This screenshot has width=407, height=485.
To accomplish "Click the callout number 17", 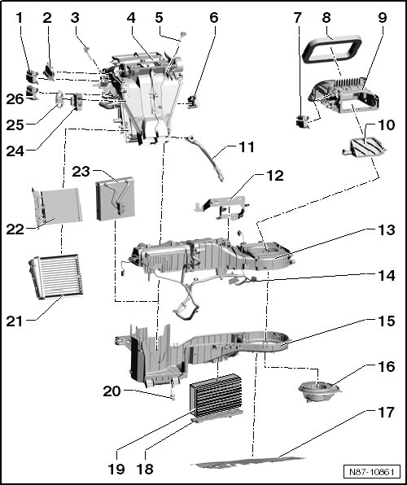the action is (386, 413).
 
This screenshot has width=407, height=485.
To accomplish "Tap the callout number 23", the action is (81, 172).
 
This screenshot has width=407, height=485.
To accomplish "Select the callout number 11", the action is (247, 147).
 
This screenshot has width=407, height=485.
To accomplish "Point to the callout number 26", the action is (15, 99).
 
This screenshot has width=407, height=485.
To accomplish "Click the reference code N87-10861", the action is (371, 472).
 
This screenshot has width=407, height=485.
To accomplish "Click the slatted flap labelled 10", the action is (365, 147).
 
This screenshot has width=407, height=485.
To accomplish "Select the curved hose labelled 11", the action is (205, 158).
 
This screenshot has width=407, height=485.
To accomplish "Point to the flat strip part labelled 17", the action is (247, 461).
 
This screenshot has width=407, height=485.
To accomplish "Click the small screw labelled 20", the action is (173, 396).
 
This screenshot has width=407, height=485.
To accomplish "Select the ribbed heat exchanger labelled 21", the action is (55, 276).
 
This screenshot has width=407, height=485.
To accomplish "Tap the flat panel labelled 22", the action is (58, 206).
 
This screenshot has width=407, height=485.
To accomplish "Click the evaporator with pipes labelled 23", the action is (115, 199).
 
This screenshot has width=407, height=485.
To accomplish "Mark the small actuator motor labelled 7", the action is (303, 121).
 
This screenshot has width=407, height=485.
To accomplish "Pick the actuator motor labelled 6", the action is (193, 102).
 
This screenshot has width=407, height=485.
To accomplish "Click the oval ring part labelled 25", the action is (59, 98).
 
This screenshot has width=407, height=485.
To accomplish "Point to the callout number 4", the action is (131, 18).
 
